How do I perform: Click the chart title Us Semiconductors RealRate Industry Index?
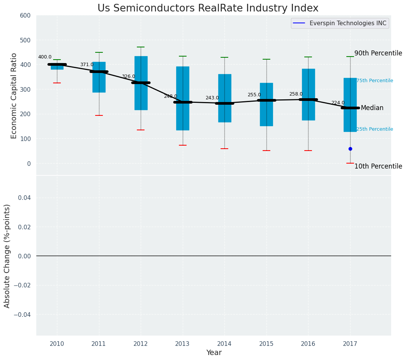[208, 8]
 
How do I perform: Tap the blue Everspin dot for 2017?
[350, 149]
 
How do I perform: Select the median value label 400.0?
[45, 57]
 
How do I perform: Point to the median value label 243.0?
[212, 98]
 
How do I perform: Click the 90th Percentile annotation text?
[378, 54]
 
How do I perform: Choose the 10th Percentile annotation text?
[378, 167]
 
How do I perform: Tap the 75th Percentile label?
[375, 81]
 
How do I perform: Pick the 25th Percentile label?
[375, 129]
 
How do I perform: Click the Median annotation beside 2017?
[372, 108]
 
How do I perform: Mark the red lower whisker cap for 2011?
[99, 115]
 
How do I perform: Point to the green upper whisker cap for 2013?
[183, 56]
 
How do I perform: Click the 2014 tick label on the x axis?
[224, 344]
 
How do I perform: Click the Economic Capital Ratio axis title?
[14, 96]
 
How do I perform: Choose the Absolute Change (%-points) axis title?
[7, 256]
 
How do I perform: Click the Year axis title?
[214, 353]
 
